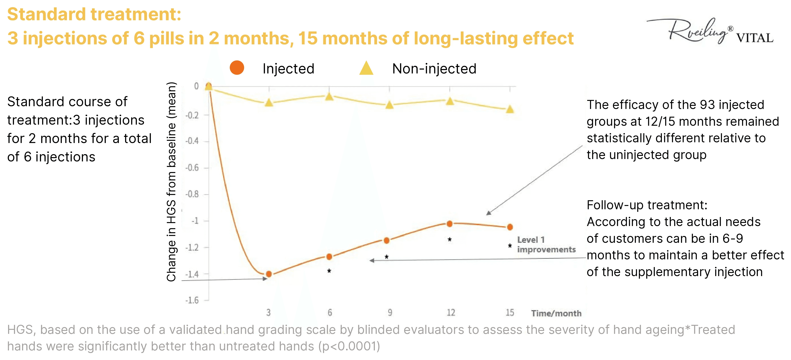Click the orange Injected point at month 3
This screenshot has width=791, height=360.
pyautogui.click(x=269, y=274)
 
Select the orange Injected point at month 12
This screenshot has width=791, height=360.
pyautogui.click(x=450, y=224)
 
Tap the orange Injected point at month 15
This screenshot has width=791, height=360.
pyautogui.click(x=510, y=227)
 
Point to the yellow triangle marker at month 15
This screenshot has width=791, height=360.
pyautogui.click(x=510, y=109)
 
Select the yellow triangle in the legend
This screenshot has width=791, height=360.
pyautogui.click(x=366, y=68)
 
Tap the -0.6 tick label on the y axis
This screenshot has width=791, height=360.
pyautogui.click(x=192, y=168)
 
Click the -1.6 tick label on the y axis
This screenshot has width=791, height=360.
pyautogui.click(x=192, y=300)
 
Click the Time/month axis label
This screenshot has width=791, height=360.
pyautogui.click(x=556, y=313)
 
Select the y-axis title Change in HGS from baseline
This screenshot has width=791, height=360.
pyautogui.click(x=171, y=182)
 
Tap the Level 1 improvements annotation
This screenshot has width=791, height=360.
pyautogui.click(x=546, y=244)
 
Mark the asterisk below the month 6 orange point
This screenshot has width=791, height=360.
pyautogui.click(x=329, y=271)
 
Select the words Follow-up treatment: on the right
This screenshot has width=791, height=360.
pyautogui.click(x=647, y=205)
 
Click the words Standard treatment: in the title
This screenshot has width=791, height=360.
pyautogui.click(x=94, y=14)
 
